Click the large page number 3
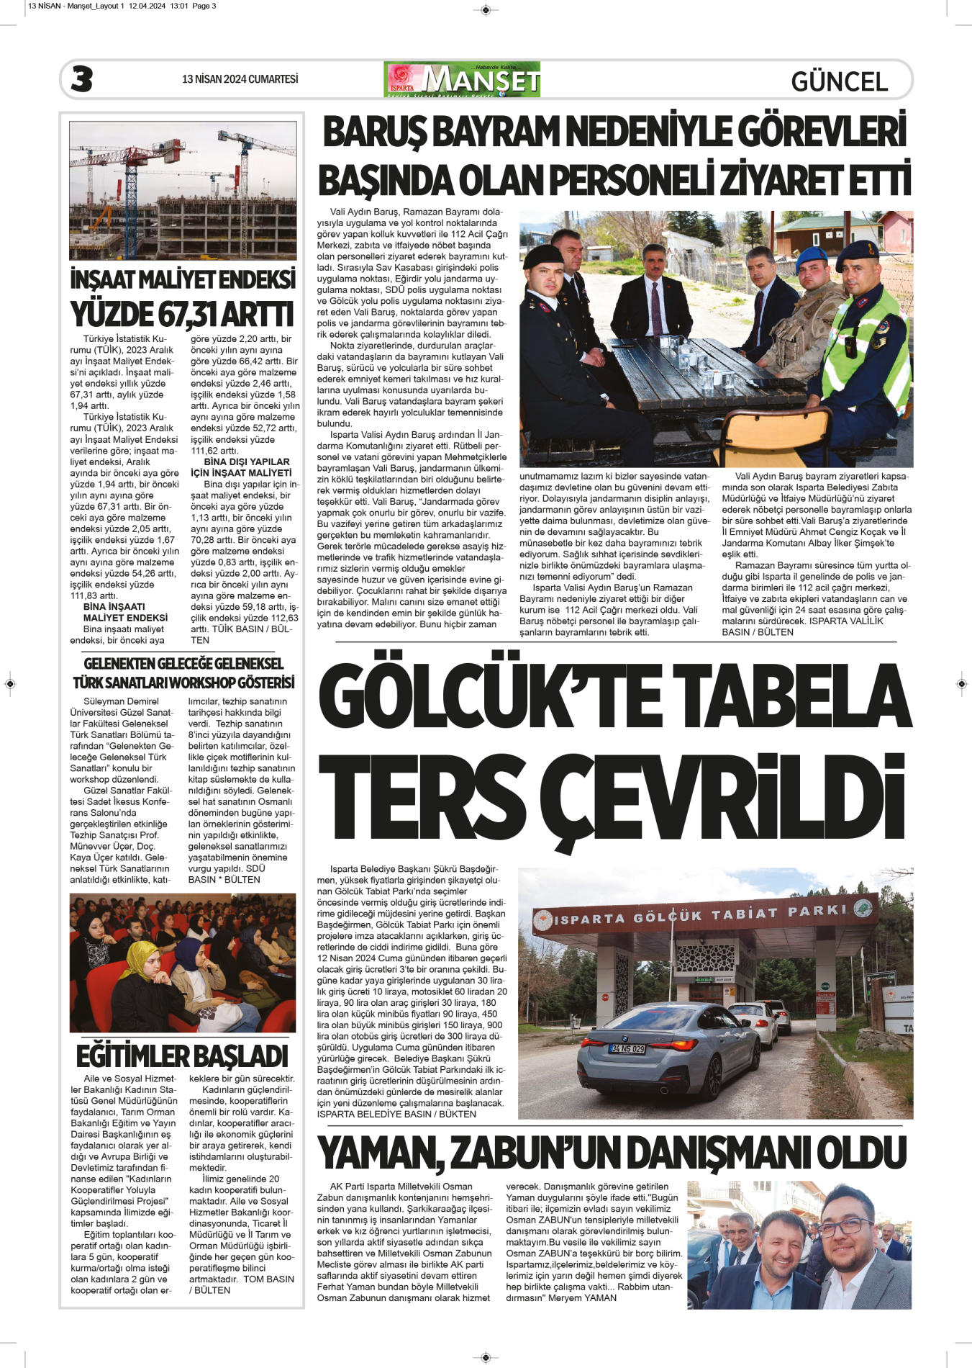pos(82,79)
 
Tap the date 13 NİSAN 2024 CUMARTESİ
pos(240,79)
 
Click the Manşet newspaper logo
pos(463,80)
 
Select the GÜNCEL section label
pos(839,81)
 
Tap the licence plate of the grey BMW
pos(627,1049)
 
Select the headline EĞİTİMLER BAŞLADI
pos(182,1056)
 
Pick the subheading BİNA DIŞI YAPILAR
pos(247,462)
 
